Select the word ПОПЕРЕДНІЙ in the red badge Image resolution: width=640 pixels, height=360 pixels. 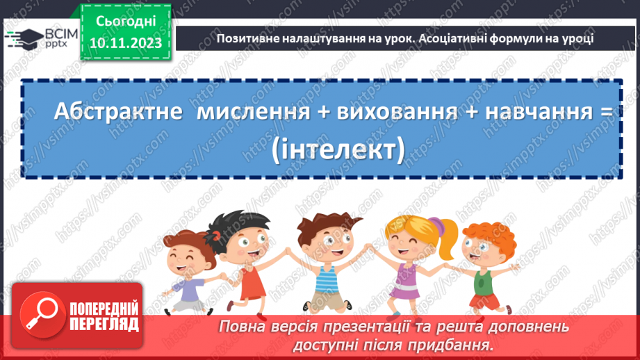(x=104, y=309)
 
